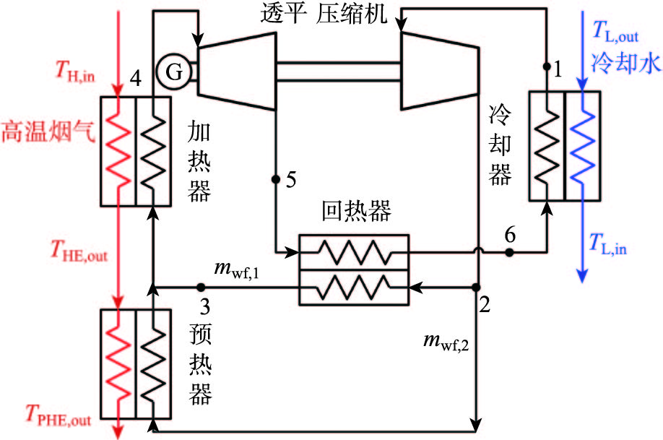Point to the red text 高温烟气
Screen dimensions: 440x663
tap(48, 131)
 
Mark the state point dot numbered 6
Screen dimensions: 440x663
tap(509, 252)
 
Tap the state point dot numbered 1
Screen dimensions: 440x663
tap(547, 66)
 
